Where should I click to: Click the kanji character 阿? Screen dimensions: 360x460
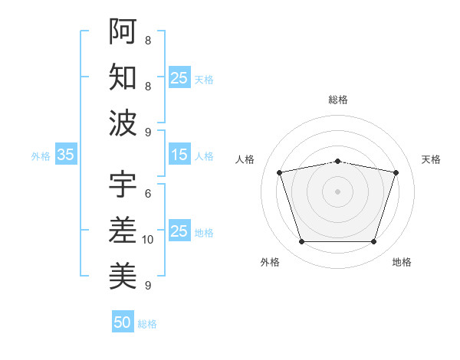tap(123, 31)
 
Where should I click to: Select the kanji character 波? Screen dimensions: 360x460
tap(123, 122)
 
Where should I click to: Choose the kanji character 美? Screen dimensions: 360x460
tap(123, 275)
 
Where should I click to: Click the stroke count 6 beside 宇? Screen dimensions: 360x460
tap(148, 194)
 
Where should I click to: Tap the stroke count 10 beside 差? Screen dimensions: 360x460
tap(148, 240)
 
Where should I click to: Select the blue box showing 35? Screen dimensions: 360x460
tap(65, 155)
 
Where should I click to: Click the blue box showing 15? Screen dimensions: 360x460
tap(179, 155)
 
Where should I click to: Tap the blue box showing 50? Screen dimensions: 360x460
tap(122, 322)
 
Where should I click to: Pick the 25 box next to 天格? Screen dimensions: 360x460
tap(179, 77)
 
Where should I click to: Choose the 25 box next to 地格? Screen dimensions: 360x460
tap(179, 231)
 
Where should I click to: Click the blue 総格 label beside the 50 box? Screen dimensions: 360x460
tap(147, 324)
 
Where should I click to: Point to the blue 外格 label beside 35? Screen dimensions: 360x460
tap(41, 156)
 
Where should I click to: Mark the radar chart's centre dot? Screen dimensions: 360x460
tap(337, 191)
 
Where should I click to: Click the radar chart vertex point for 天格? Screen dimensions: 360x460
tap(396, 172)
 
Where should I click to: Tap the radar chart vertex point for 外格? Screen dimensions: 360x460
tap(301, 242)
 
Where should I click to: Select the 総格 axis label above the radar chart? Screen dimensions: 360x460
tap(337, 100)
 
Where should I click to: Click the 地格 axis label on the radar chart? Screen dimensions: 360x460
tap(402, 262)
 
